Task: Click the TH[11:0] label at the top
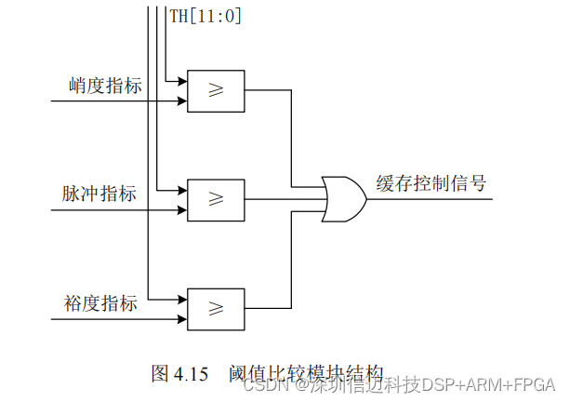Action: pyautogui.click(x=205, y=15)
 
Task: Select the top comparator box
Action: pyautogui.click(x=216, y=91)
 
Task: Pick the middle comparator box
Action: pyautogui.click(x=216, y=198)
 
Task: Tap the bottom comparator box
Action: pyautogui.click(x=216, y=308)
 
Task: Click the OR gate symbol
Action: pyautogui.click(x=342, y=198)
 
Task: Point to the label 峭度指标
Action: pyautogui.click(x=105, y=87)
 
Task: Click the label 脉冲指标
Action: pyautogui.click(x=99, y=194)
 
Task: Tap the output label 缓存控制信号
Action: pyautogui.click(x=431, y=181)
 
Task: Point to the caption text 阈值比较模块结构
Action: pyautogui.click(x=305, y=373)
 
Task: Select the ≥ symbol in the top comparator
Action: pyautogui.click(x=216, y=91)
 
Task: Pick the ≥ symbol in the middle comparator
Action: pyautogui.click(x=216, y=198)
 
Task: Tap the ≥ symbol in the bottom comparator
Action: pyautogui.click(x=216, y=308)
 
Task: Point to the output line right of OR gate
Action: pyautogui.click(x=428, y=198)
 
